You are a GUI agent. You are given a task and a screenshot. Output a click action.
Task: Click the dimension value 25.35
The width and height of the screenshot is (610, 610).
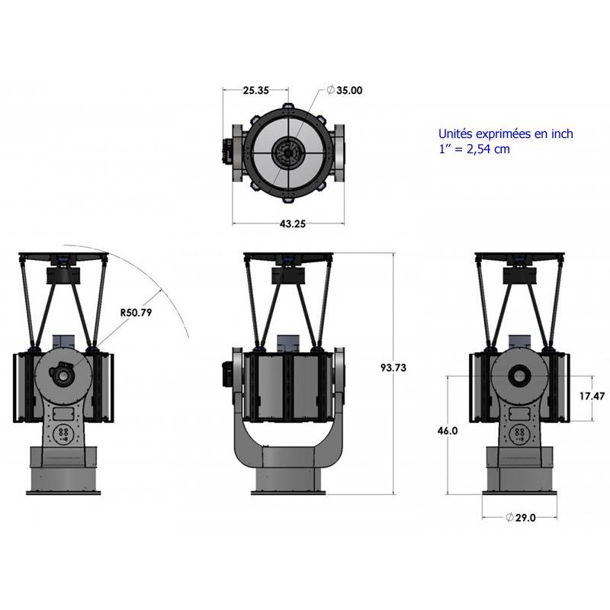[x=255, y=91]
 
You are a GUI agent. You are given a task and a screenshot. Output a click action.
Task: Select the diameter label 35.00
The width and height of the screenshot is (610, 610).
[x=345, y=90]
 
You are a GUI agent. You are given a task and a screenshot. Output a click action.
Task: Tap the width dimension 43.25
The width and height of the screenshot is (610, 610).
[x=288, y=224]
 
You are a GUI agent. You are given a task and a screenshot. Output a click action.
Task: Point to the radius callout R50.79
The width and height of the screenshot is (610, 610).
[x=136, y=312]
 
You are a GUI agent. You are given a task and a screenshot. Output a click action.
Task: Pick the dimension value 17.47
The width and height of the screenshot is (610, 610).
[x=587, y=396]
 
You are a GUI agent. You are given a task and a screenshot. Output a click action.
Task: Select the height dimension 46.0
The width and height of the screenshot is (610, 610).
[x=448, y=431]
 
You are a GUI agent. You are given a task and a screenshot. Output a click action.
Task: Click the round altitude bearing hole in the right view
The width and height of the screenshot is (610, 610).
[x=520, y=375]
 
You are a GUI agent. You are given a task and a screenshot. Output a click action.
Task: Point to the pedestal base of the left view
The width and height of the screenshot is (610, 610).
[x=64, y=470]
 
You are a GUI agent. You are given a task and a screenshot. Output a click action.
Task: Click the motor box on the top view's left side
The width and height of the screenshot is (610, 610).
[x=228, y=150]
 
